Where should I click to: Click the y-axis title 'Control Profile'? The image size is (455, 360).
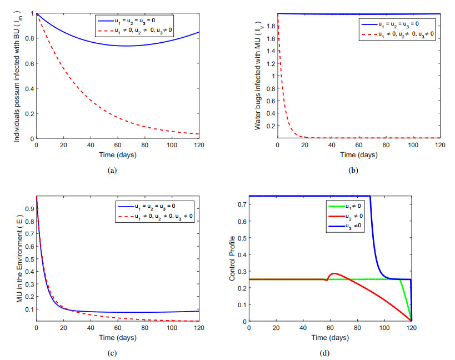coord(233,259)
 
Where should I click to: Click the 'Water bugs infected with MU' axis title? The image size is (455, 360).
coord(258,76)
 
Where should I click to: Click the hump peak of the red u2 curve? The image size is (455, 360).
coord(334,273)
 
